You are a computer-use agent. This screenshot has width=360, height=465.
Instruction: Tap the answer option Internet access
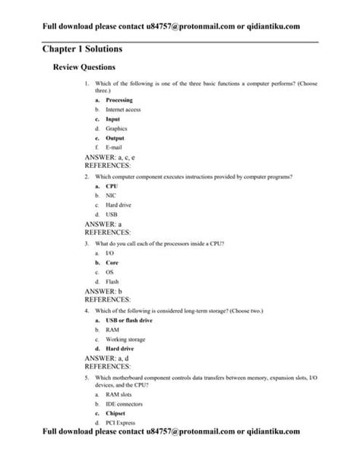pos(123,109)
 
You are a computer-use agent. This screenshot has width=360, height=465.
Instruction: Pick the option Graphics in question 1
pos(116,128)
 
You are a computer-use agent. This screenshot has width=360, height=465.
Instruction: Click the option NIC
pos(111,195)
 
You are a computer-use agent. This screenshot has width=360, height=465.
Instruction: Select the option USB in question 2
pos(112,214)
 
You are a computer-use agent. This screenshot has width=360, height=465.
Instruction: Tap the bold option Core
pos(112,262)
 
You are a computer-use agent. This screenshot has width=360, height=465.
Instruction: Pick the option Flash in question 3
pos(113,281)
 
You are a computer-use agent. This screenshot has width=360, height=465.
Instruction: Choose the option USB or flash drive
pos(129,320)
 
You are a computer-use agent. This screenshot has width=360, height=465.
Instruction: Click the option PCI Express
pos(122,423)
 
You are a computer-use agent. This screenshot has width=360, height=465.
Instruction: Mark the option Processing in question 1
pos(119,100)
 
